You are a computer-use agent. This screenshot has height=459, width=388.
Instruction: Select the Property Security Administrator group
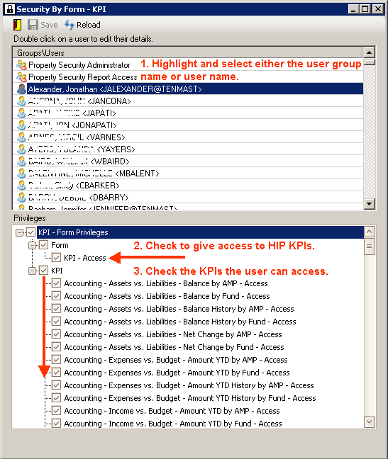tap(79, 64)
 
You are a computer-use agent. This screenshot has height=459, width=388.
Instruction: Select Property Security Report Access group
tap(82, 76)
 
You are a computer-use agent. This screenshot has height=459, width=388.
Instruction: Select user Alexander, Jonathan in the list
tap(114, 89)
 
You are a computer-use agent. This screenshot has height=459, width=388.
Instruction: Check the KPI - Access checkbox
tap(57, 258)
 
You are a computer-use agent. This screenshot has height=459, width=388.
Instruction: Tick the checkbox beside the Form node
tap(44, 245)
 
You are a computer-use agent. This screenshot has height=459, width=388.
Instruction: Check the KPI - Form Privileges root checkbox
tap(31, 232)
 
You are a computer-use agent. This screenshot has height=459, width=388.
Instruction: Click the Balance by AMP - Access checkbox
tap(57, 283)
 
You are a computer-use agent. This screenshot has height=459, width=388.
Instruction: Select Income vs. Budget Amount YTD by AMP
tap(172, 411)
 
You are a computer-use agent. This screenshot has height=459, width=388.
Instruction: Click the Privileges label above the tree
tap(30, 218)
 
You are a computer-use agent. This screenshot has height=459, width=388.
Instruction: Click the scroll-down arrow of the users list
tap(369, 204)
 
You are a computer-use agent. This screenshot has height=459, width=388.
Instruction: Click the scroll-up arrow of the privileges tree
tap(369, 232)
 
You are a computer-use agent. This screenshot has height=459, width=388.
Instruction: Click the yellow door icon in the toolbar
tap(17, 25)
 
